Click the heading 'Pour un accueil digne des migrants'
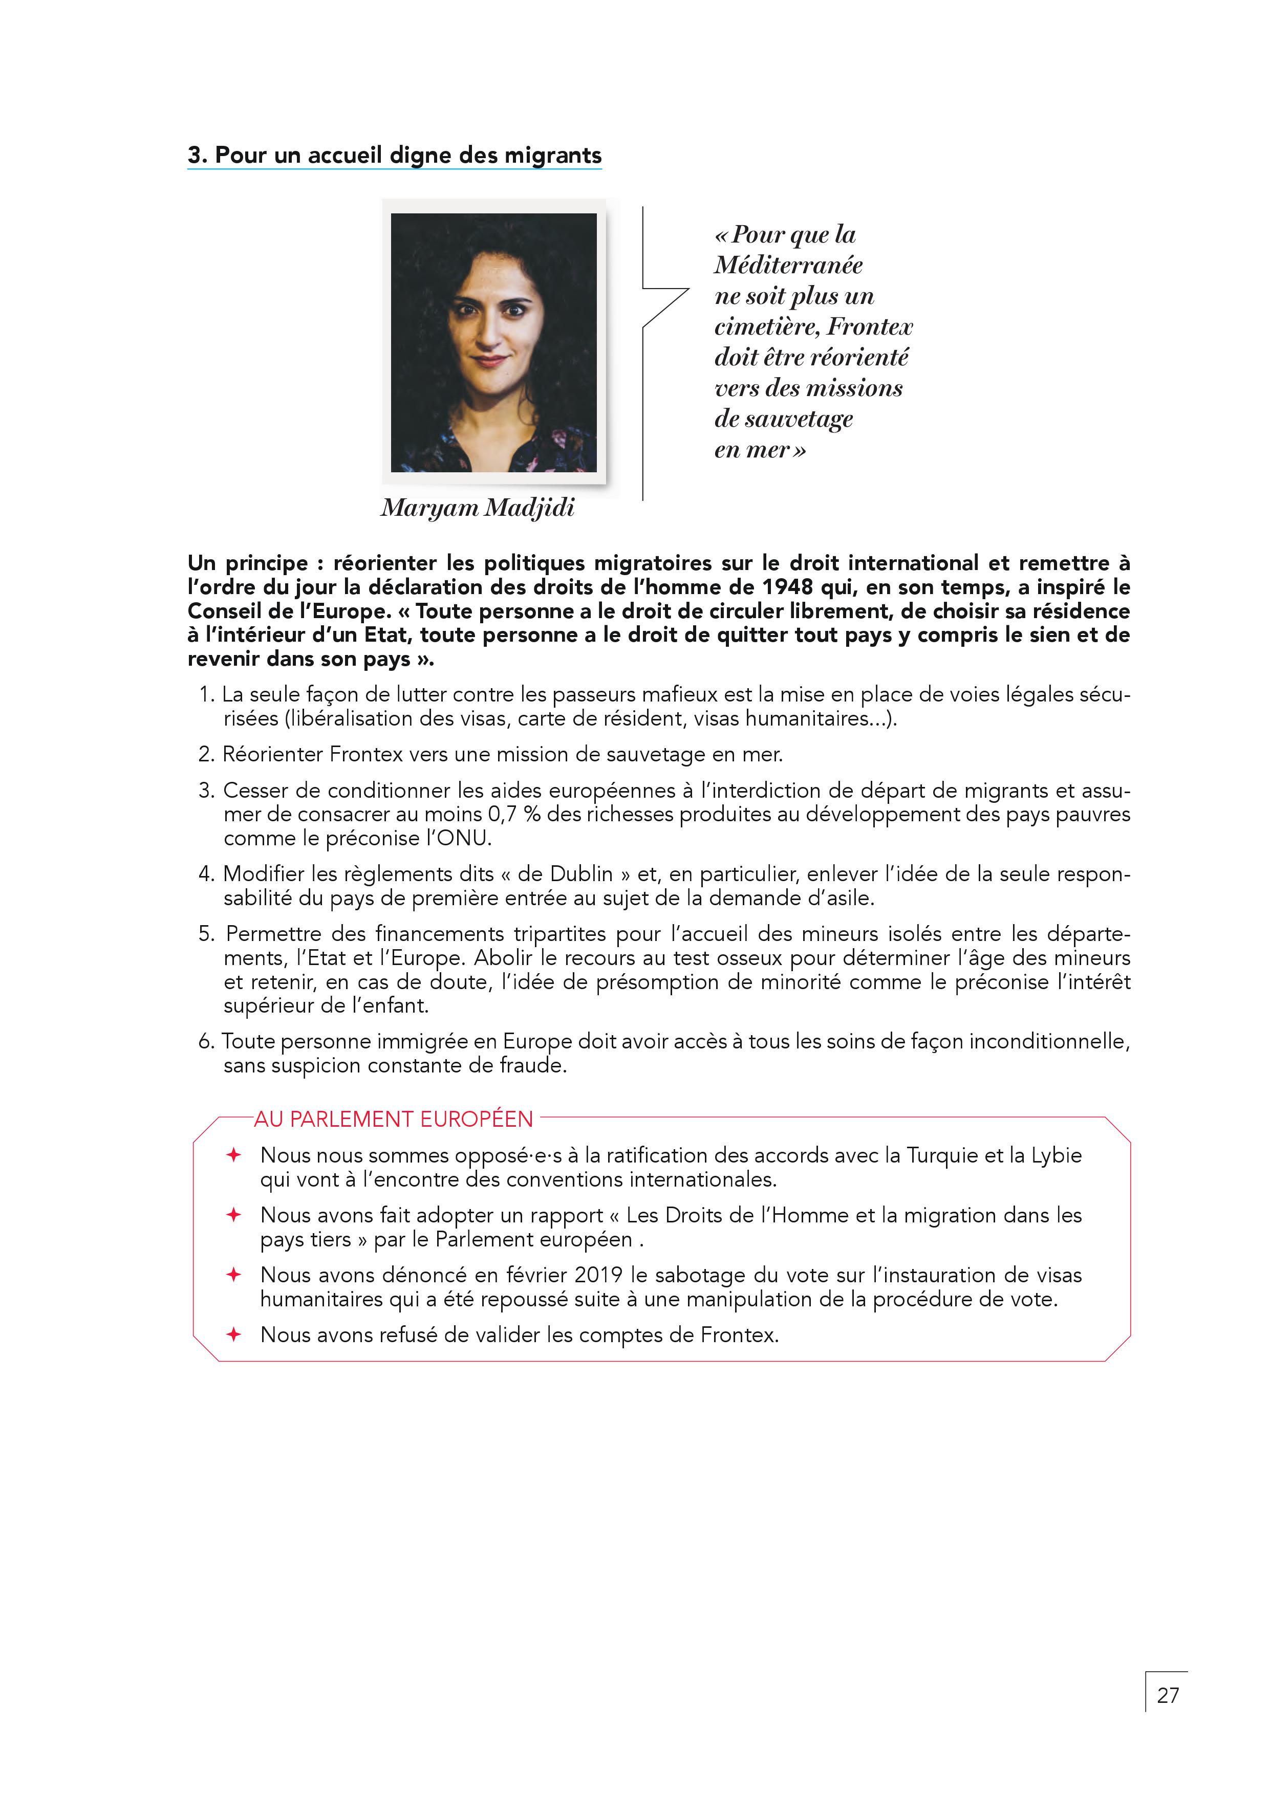(x=407, y=155)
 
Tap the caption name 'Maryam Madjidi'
(x=477, y=508)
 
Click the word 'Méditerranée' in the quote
(x=788, y=265)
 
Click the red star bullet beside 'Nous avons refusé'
(x=233, y=1334)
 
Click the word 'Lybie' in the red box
(x=1056, y=1155)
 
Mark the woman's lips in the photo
(x=490, y=361)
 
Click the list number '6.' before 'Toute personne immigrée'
(x=206, y=1042)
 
